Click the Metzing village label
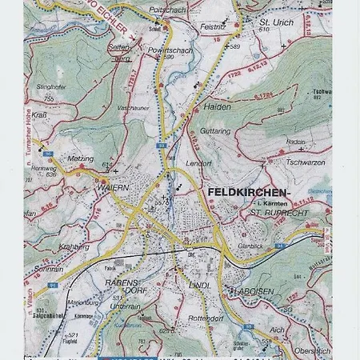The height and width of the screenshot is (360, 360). click(81, 158)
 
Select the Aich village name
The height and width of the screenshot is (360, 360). click(278, 329)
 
